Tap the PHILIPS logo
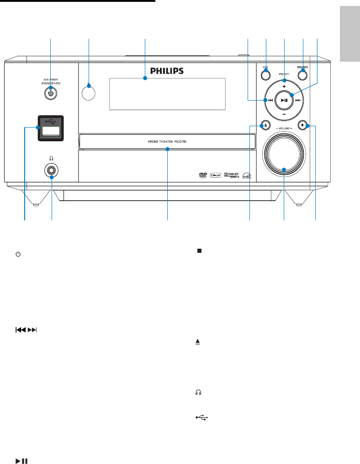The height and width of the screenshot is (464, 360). pyautogui.click(x=167, y=71)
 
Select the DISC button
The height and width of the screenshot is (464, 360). pyautogui.click(x=265, y=71)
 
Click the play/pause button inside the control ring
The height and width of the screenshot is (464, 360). pyautogui.click(x=284, y=100)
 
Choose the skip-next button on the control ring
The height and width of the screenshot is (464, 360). pyautogui.click(x=298, y=100)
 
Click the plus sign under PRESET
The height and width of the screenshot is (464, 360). pyautogui.click(x=284, y=86)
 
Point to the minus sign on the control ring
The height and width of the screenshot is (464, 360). pyautogui.click(x=284, y=113)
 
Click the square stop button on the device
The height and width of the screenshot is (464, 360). pyautogui.click(x=302, y=124)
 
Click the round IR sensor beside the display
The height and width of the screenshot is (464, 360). pyautogui.click(x=89, y=92)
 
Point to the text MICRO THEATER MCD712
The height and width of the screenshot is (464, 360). pyautogui.click(x=167, y=142)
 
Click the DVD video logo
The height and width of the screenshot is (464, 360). pyautogui.click(x=201, y=175)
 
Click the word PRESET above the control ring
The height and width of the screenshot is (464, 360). pyautogui.click(x=284, y=74)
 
